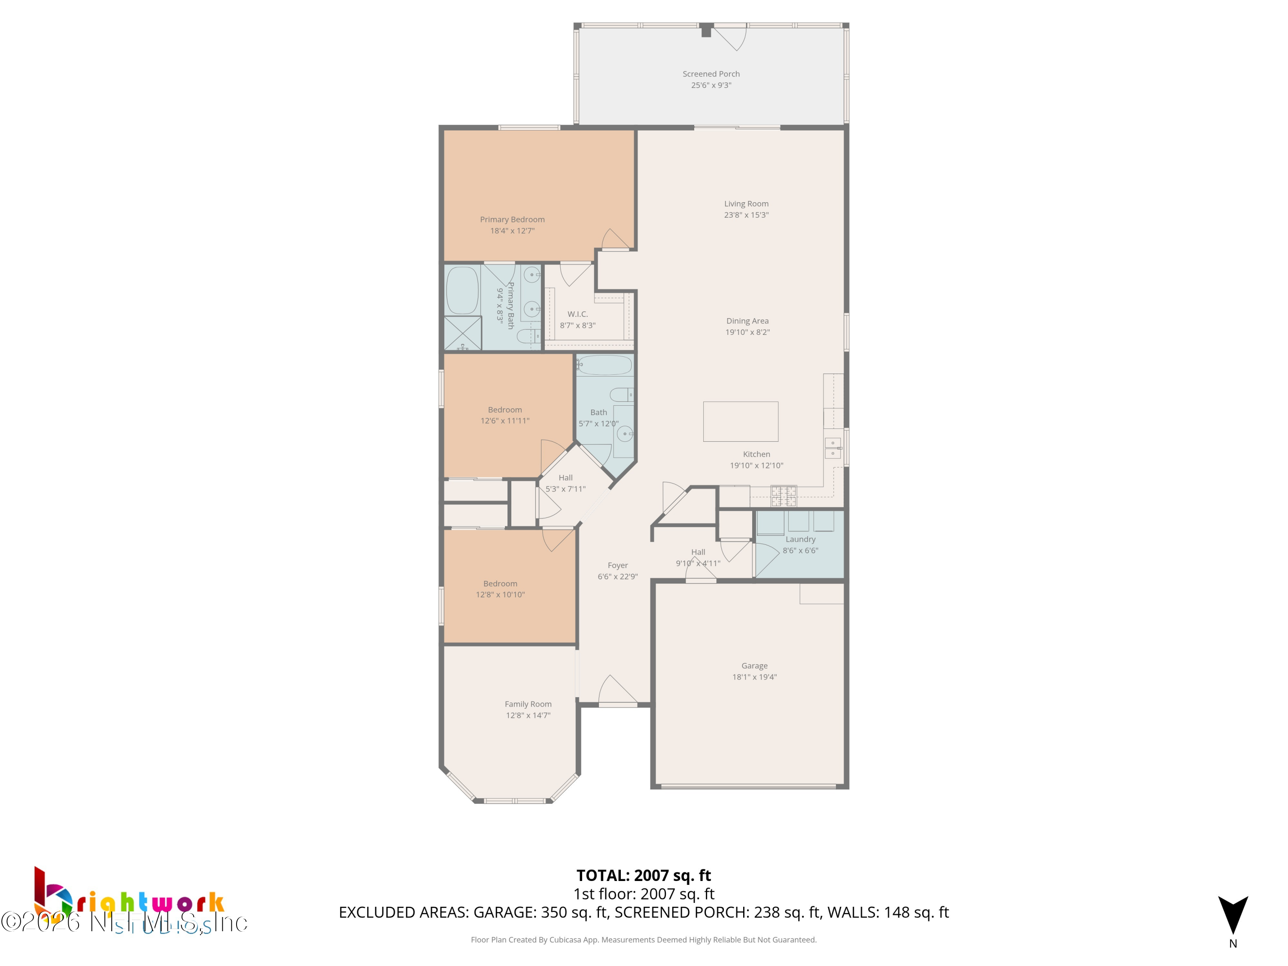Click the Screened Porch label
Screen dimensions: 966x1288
(711, 74)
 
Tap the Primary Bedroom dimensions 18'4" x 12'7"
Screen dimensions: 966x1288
(512, 231)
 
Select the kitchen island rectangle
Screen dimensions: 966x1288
(740, 422)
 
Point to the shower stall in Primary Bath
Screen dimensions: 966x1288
(462, 333)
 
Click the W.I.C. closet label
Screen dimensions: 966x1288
(577, 314)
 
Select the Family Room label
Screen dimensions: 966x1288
(528, 704)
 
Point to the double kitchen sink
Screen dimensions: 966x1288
(832, 448)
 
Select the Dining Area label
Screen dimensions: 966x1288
(747, 321)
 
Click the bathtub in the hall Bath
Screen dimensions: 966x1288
(605, 365)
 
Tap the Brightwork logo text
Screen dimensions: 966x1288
(149, 904)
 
